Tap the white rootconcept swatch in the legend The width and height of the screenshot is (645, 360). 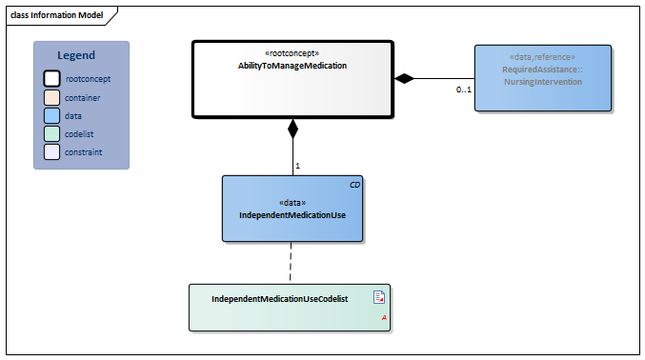coord(52,79)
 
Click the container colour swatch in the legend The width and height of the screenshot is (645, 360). coord(52,97)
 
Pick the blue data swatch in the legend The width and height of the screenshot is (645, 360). coord(52,115)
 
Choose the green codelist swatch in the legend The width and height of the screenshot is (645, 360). coord(52,133)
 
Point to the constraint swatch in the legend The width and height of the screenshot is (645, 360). coord(52,151)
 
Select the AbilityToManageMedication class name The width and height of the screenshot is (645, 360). coord(292,66)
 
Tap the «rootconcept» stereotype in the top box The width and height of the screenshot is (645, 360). coord(292,53)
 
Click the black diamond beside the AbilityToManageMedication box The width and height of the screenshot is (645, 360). coord(405,78)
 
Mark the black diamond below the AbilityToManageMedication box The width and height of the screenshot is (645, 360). coord(292,127)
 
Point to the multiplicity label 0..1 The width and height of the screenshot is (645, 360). coord(463,90)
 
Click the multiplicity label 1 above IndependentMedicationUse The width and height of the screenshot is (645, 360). coord(297,166)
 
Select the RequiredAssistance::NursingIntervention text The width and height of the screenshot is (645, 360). coord(542,76)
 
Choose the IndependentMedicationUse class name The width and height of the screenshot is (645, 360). coord(292,215)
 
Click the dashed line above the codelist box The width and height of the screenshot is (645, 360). coord(292,261)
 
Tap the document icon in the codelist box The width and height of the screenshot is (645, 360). coord(378,297)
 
